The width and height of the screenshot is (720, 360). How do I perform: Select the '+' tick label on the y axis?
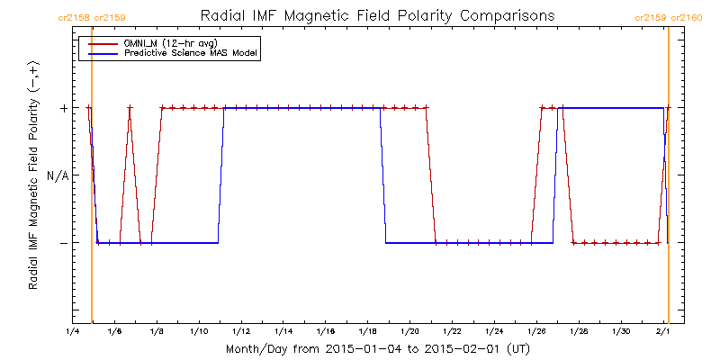click(63, 108)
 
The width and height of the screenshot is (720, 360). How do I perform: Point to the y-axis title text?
click(33, 175)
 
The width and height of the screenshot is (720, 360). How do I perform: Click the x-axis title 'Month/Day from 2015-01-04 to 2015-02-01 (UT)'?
click(378, 348)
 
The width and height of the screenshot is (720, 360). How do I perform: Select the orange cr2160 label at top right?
click(685, 17)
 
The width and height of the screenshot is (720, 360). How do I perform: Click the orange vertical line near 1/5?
click(92, 180)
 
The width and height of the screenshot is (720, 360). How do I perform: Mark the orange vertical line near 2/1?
click(669, 180)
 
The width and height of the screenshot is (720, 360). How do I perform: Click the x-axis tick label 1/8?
click(157, 332)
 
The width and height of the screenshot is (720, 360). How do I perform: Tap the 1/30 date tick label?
click(621, 332)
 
